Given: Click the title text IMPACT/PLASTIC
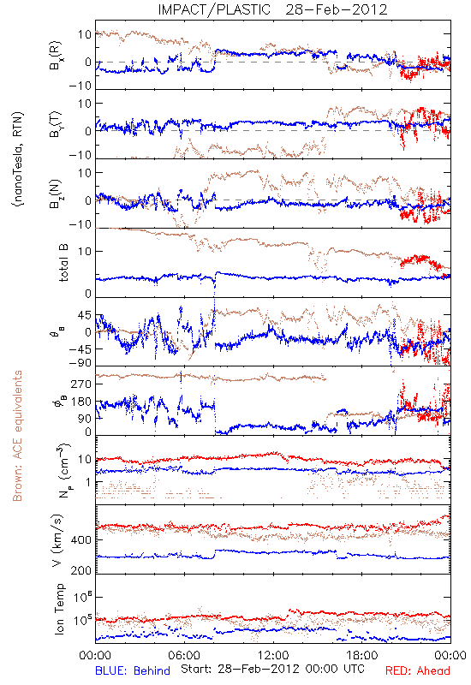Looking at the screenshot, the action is pos(214,9).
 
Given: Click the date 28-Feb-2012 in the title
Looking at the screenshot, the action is pos(337,9).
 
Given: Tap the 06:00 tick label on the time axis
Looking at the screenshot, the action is pos(184,655).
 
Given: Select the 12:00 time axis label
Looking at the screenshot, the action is pos(273,655).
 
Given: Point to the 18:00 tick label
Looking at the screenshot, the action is pos(362,655).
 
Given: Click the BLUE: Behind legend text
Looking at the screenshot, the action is pos(133,670).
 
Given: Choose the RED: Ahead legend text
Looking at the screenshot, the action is pos(418,670).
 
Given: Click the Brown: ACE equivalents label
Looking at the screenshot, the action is pos(17,436).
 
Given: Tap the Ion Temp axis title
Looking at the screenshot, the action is pos(59,609).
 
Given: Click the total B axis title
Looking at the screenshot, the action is pos(63,263).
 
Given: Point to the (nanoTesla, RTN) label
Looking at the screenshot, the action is pos(18,158).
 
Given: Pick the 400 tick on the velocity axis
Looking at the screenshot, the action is pos(81,540).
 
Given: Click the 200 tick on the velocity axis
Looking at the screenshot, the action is pos(81,570).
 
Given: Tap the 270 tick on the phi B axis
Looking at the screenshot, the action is pos(81,384).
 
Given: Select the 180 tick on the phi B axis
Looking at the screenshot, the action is pos(81,402).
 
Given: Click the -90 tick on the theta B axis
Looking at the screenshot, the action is pos(80,363).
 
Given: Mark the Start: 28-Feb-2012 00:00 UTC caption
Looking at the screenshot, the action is pos(272,669).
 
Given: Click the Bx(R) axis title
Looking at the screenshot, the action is pos(56,56).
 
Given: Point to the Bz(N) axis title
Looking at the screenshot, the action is pos(56,194).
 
